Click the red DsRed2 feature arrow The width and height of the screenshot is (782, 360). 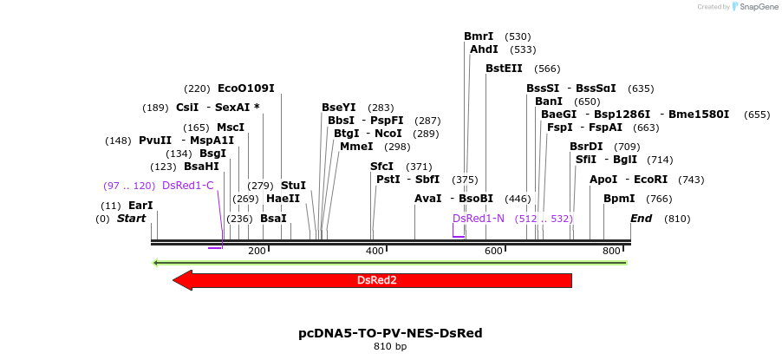click(x=377, y=280)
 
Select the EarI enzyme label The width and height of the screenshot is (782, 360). click(x=140, y=206)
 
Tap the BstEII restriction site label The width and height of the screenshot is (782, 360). click(x=504, y=68)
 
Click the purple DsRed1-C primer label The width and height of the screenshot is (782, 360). click(x=187, y=186)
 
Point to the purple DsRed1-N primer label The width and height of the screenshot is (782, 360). click(x=479, y=219)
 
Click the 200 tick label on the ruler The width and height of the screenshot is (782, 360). click(x=257, y=251)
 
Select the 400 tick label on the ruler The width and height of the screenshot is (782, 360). click(x=375, y=251)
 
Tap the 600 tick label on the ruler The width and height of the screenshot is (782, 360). click(x=493, y=251)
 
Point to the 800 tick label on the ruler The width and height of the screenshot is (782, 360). click(x=611, y=251)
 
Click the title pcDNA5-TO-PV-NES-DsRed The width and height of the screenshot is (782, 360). click(x=390, y=332)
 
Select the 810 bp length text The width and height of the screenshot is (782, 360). click(x=390, y=347)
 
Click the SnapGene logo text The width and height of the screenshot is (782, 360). click(x=757, y=7)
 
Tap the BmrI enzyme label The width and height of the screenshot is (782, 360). click(x=479, y=36)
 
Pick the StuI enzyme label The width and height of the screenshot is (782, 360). click(x=293, y=186)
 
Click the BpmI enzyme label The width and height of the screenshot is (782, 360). click(x=619, y=199)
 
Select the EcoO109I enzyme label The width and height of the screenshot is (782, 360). click(x=245, y=88)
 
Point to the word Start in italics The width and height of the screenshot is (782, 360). click(x=131, y=219)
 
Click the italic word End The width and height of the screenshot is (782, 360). click(x=641, y=219)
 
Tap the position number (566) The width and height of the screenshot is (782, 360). click(x=547, y=69)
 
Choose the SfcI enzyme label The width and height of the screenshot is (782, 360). click(x=381, y=167)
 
